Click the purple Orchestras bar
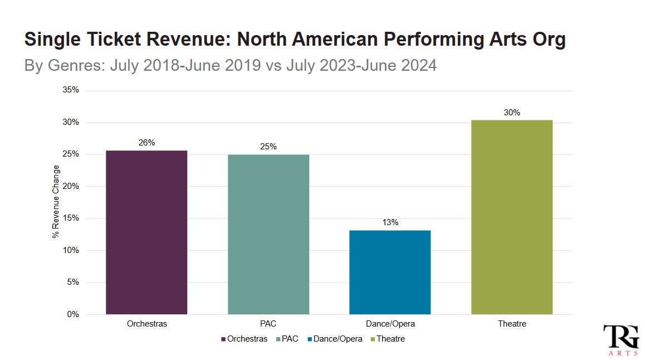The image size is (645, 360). tap(146, 232)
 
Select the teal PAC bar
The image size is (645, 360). tap(268, 234)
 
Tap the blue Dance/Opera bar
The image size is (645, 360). tap(390, 272)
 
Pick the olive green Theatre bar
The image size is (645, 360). tap(512, 217)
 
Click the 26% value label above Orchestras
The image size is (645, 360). tap(146, 143)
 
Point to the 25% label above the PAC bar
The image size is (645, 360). tap(268, 147)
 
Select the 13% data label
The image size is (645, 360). tap(390, 222)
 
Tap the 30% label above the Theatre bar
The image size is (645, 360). tap(512, 113)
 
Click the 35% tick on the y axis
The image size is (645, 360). tap(71, 90)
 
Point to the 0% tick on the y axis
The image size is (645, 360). tap(74, 314)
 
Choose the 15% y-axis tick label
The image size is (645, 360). tap(71, 218)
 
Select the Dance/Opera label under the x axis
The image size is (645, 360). tap(390, 324)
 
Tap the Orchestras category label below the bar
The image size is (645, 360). tap(146, 324)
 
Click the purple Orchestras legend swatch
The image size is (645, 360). tap(223, 339)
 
